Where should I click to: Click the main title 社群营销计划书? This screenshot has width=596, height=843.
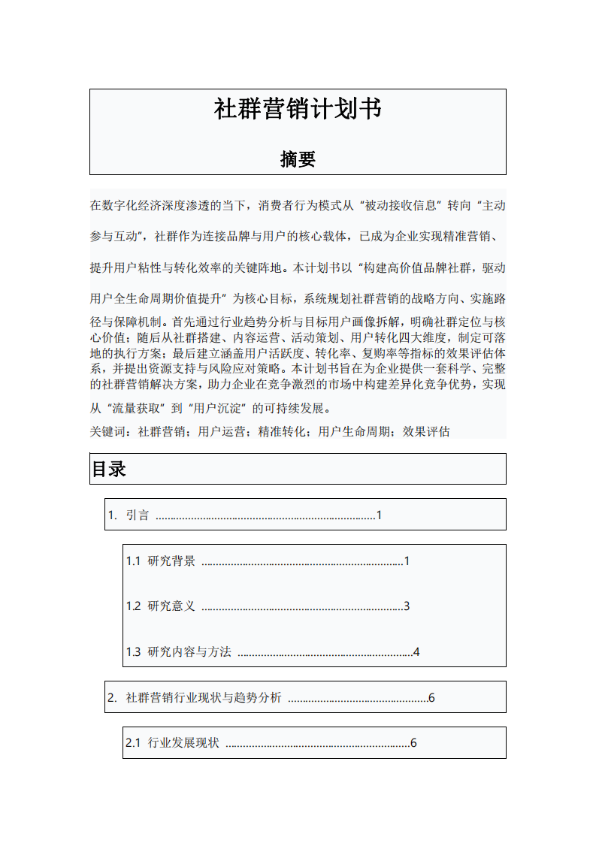[298, 110]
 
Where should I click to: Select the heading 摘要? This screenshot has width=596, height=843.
[298, 159]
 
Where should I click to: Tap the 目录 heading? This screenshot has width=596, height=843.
[109, 470]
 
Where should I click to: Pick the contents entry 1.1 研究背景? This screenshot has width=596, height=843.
[161, 561]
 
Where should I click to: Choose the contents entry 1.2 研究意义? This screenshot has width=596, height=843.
[161, 606]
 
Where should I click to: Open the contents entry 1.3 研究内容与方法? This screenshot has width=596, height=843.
[179, 652]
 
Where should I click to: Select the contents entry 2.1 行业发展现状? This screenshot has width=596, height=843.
[173, 743]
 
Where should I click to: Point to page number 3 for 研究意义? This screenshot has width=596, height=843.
[407, 606]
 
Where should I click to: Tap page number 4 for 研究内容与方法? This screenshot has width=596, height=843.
[416, 652]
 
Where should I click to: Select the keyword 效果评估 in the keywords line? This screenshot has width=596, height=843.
[426, 432]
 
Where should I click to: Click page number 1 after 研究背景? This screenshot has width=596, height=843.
[407, 561]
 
